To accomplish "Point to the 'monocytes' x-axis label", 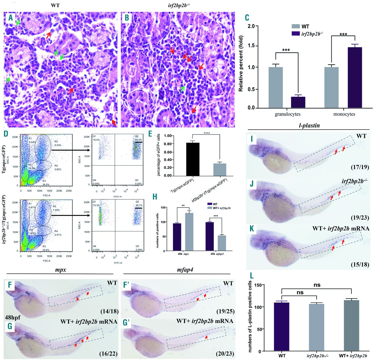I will [344, 114].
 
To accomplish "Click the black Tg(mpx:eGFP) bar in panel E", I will [192, 159].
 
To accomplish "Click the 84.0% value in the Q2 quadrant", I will [139, 140].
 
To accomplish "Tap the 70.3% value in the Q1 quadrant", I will [96, 206].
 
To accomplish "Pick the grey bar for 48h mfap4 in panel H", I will [221, 243].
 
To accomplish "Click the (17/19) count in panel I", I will [360, 167].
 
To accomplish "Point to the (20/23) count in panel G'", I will [225, 354].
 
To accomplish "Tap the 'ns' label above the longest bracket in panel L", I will [317, 285].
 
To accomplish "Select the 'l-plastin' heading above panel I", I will [309, 126].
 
